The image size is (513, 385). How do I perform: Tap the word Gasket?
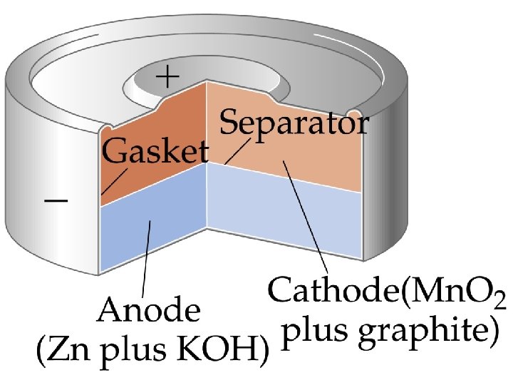tap(156, 152)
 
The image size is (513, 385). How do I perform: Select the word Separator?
tap(294, 125)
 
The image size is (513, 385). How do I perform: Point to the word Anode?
tap(150, 312)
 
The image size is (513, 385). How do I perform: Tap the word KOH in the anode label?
tap(229, 351)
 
